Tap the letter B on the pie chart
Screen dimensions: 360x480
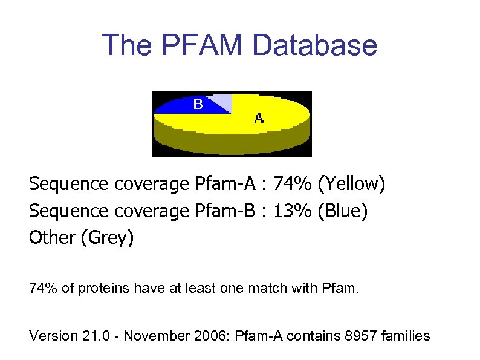(198, 105)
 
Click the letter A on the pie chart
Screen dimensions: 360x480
(259, 118)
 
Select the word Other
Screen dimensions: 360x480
(51, 238)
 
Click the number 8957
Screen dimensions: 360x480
(360, 335)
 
